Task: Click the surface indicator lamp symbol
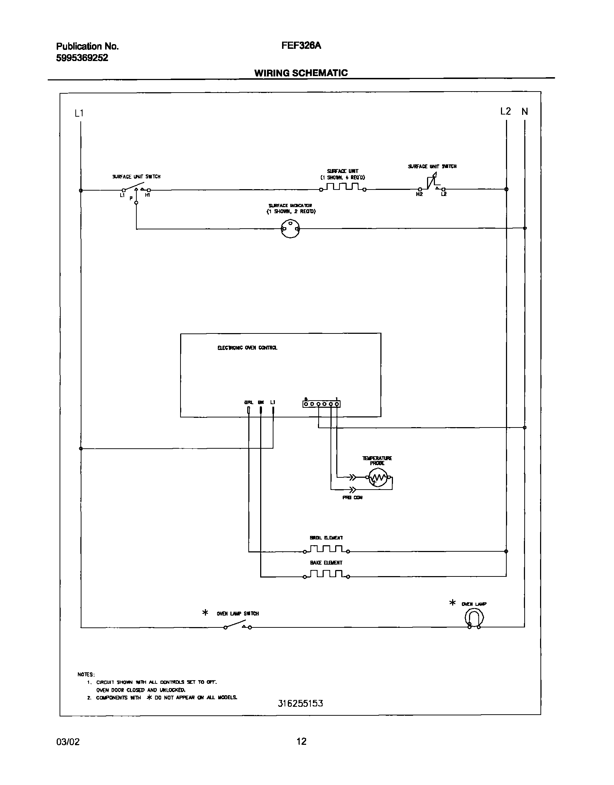click(x=290, y=229)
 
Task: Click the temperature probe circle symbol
click(x=378, y=478)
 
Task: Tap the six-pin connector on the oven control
click(x=322, y=404)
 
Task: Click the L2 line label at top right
click(x=505, y=112)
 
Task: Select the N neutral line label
click(x=525, y=112)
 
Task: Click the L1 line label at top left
click(x=79, y=113)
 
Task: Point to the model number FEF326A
click(x=301, y=46)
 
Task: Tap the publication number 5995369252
click(x=82, y=58)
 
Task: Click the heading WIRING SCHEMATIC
click(x=301, y=73)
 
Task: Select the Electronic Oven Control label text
click(x=247, y=348)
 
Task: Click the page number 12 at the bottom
click(x=301, y=741)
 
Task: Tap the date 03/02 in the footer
click(x=68, y=742)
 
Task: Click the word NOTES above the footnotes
click(x=86, y=674)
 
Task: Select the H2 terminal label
click(x=419, y=194)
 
